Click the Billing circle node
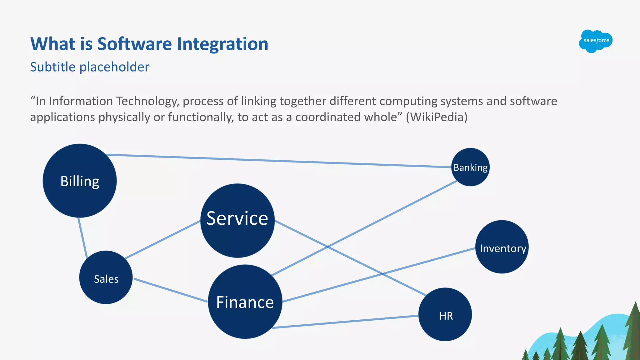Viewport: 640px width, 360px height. pyautogui.click(x=80, y=181)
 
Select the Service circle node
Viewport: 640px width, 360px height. pyautogui.click(x=237, y=220)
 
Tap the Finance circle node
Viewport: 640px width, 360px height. pyautogui.click(x=245, y=302)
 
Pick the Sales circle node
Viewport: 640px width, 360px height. pyautogui.click(x=106, y=277)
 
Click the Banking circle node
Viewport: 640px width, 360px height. pyautogui.click(x=470, y=167)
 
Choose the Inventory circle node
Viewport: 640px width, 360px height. pyautogui.click(x=502, y=247)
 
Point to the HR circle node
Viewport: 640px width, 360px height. pyautogui.click(x=445, y=314)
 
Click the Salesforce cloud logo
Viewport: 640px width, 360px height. pyautogui.click(x=596, y=41)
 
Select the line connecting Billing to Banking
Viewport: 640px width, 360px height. pyautogui.click(x=278, y=161)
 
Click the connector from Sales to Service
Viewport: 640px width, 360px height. pyautogui.click(x=162, y=239)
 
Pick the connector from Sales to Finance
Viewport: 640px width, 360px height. pyautogui.click(x=171, y=290)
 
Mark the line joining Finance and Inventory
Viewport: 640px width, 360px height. pyautogui.click(x=378, y=275)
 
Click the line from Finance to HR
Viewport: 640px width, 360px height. pyautogui.click(x=344, y=322)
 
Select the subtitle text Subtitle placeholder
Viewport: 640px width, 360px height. pyautogui.click(x=90, y=67)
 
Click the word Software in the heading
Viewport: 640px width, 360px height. pyautogui.click(x=134, y=44)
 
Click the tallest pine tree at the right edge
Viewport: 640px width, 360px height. pyautogui.click(x=634, y=331)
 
